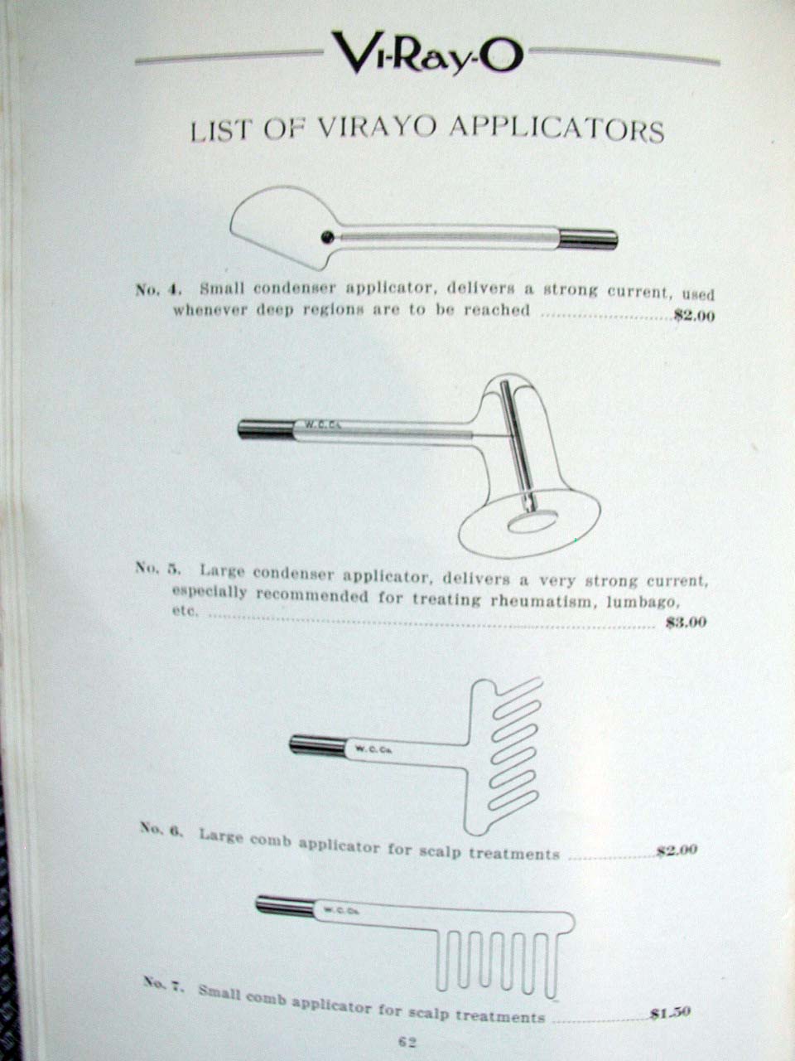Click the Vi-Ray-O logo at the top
pos(426,51)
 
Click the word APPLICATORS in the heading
pos(556,129)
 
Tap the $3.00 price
pos(686,622)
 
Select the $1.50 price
pos(670,1012)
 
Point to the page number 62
pos(406,1042)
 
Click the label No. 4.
pos(157,289)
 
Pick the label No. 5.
pos(157,569)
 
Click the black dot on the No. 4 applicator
pos(329,237)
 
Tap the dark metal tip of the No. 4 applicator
pos(589,239)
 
